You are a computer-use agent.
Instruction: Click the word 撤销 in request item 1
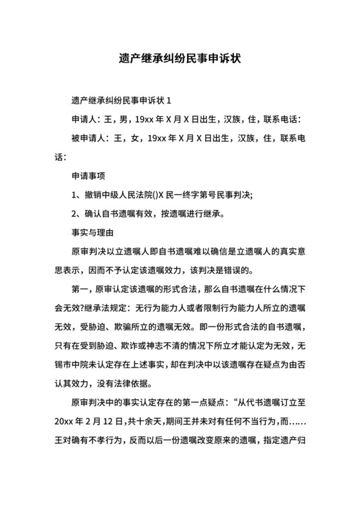click(x=94, y=194)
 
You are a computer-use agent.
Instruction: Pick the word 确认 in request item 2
click(x=94, y=213)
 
